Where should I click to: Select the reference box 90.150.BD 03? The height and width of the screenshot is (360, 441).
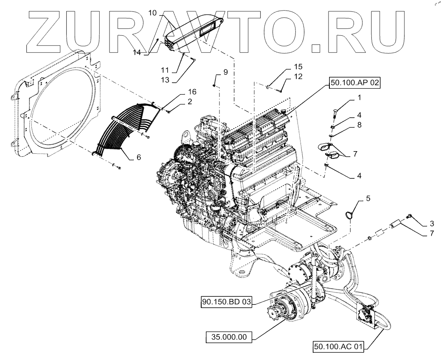(226, 302)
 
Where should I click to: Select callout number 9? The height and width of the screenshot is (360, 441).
(225, 72)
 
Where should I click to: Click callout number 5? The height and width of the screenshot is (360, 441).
(368, 198)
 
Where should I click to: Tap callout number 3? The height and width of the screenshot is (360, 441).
(431, 223)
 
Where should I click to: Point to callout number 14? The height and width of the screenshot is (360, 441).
(137, 53)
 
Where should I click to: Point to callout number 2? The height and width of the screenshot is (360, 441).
(190, 101)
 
